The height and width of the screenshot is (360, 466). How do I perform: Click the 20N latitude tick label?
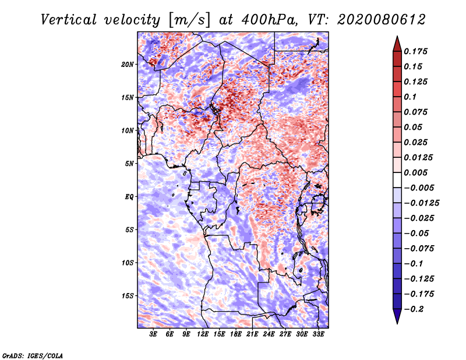coord(128,65)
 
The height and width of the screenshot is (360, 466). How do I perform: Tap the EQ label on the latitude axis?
coord(129,197)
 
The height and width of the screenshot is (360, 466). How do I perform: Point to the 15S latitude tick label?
coord(128,296)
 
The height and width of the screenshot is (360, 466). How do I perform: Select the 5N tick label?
coord(129,164)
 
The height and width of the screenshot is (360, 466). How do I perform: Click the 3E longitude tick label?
coord(153,334)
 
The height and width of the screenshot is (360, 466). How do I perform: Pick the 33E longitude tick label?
coord(318,334)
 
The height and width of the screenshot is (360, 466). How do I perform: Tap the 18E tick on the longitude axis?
coord(236,334)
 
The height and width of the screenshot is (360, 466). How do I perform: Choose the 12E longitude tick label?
coord(203,334)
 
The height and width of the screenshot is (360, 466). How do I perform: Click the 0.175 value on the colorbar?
coord(415,51)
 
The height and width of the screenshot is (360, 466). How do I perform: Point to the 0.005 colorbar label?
coord(415,172)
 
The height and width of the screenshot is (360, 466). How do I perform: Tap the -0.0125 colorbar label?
coord(421,203)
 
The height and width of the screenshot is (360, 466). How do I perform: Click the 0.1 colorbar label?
coord(410,97)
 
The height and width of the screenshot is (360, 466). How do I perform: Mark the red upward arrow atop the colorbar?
coord(397,44)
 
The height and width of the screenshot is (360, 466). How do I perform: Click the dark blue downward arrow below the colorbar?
coord(397,316)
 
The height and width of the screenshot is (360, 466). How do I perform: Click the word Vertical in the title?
coord(69,20)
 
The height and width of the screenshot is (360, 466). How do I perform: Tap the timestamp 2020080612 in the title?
coord(382,20)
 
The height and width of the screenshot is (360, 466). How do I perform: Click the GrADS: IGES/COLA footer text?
coord(33,355)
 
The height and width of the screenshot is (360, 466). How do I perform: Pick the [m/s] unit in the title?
coord(189,20)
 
